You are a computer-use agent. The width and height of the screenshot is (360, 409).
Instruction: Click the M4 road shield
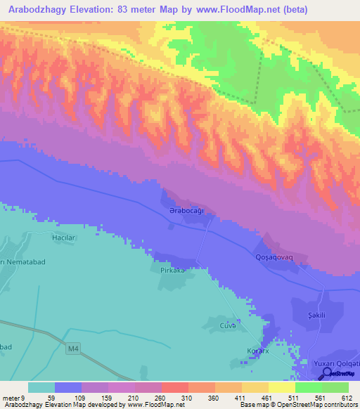pyautogui.click(x=75, y=348)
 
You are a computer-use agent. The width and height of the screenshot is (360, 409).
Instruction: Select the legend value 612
pyautogui.click(x=345, y=398)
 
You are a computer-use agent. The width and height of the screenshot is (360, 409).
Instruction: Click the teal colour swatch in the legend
pyautogui.click(x=41, y=387)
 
